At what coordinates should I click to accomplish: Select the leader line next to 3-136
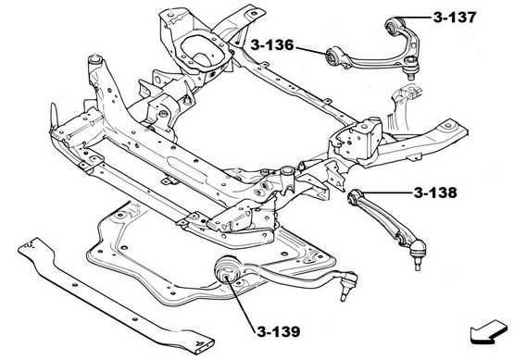coord(310,48)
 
